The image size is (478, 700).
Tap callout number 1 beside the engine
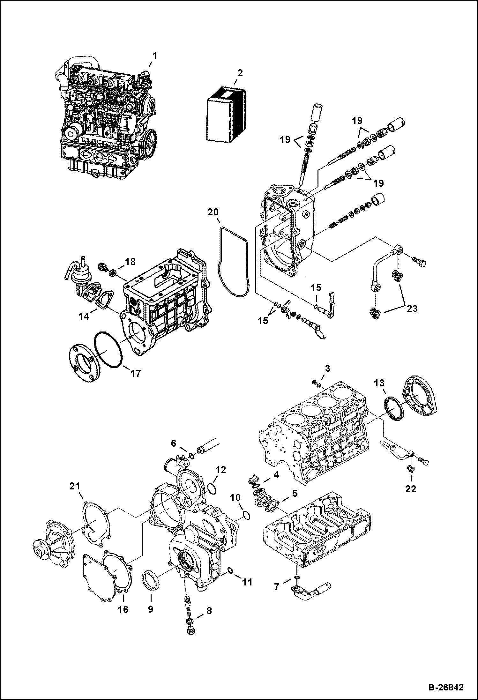(154, 56)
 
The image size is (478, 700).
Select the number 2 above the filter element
(240, 73)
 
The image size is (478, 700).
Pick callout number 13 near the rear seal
(380, 383)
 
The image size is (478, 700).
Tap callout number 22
(411, 489)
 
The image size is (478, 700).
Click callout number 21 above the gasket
(75, 495)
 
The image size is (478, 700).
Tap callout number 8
(209, 611)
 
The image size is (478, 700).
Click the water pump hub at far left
(40, 551)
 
